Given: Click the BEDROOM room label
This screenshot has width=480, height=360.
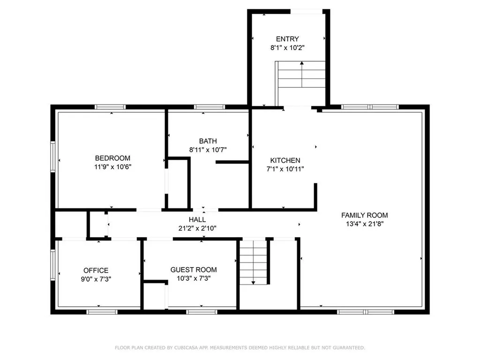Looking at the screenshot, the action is (112, 158).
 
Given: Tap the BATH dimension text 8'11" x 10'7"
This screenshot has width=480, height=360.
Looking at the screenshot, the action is (208, 150).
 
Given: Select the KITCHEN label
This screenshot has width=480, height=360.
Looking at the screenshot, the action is (285, 160).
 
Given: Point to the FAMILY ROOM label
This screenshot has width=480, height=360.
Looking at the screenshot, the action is (365, 215).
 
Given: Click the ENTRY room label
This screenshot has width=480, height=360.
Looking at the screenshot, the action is (287, 39).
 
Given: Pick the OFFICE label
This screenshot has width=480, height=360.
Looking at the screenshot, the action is (96, 270).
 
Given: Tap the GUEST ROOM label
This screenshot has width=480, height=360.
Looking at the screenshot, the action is (194, 270).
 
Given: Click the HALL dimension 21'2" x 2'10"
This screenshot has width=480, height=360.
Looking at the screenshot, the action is (197, 228).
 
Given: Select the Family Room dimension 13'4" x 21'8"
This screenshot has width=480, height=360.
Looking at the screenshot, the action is (365, 224).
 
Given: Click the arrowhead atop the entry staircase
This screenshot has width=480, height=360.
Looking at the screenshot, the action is (302, 63).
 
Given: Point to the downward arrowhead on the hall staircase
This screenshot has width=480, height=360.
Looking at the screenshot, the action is (253, 283).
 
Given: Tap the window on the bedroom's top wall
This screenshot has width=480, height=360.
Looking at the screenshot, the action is (110, 107).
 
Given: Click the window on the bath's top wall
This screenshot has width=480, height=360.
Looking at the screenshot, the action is (210, 107).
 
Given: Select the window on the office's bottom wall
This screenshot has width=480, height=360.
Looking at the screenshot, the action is (102, 312).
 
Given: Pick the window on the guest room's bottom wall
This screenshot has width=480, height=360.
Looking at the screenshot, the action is (202, 312).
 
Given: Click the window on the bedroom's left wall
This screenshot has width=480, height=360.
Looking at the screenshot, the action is (53, 157).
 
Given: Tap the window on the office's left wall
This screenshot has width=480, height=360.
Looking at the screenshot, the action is (53, 265).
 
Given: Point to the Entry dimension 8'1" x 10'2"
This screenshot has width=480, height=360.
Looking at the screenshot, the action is (287, 48).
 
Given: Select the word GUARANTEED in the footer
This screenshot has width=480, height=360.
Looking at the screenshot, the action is (349, 348).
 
